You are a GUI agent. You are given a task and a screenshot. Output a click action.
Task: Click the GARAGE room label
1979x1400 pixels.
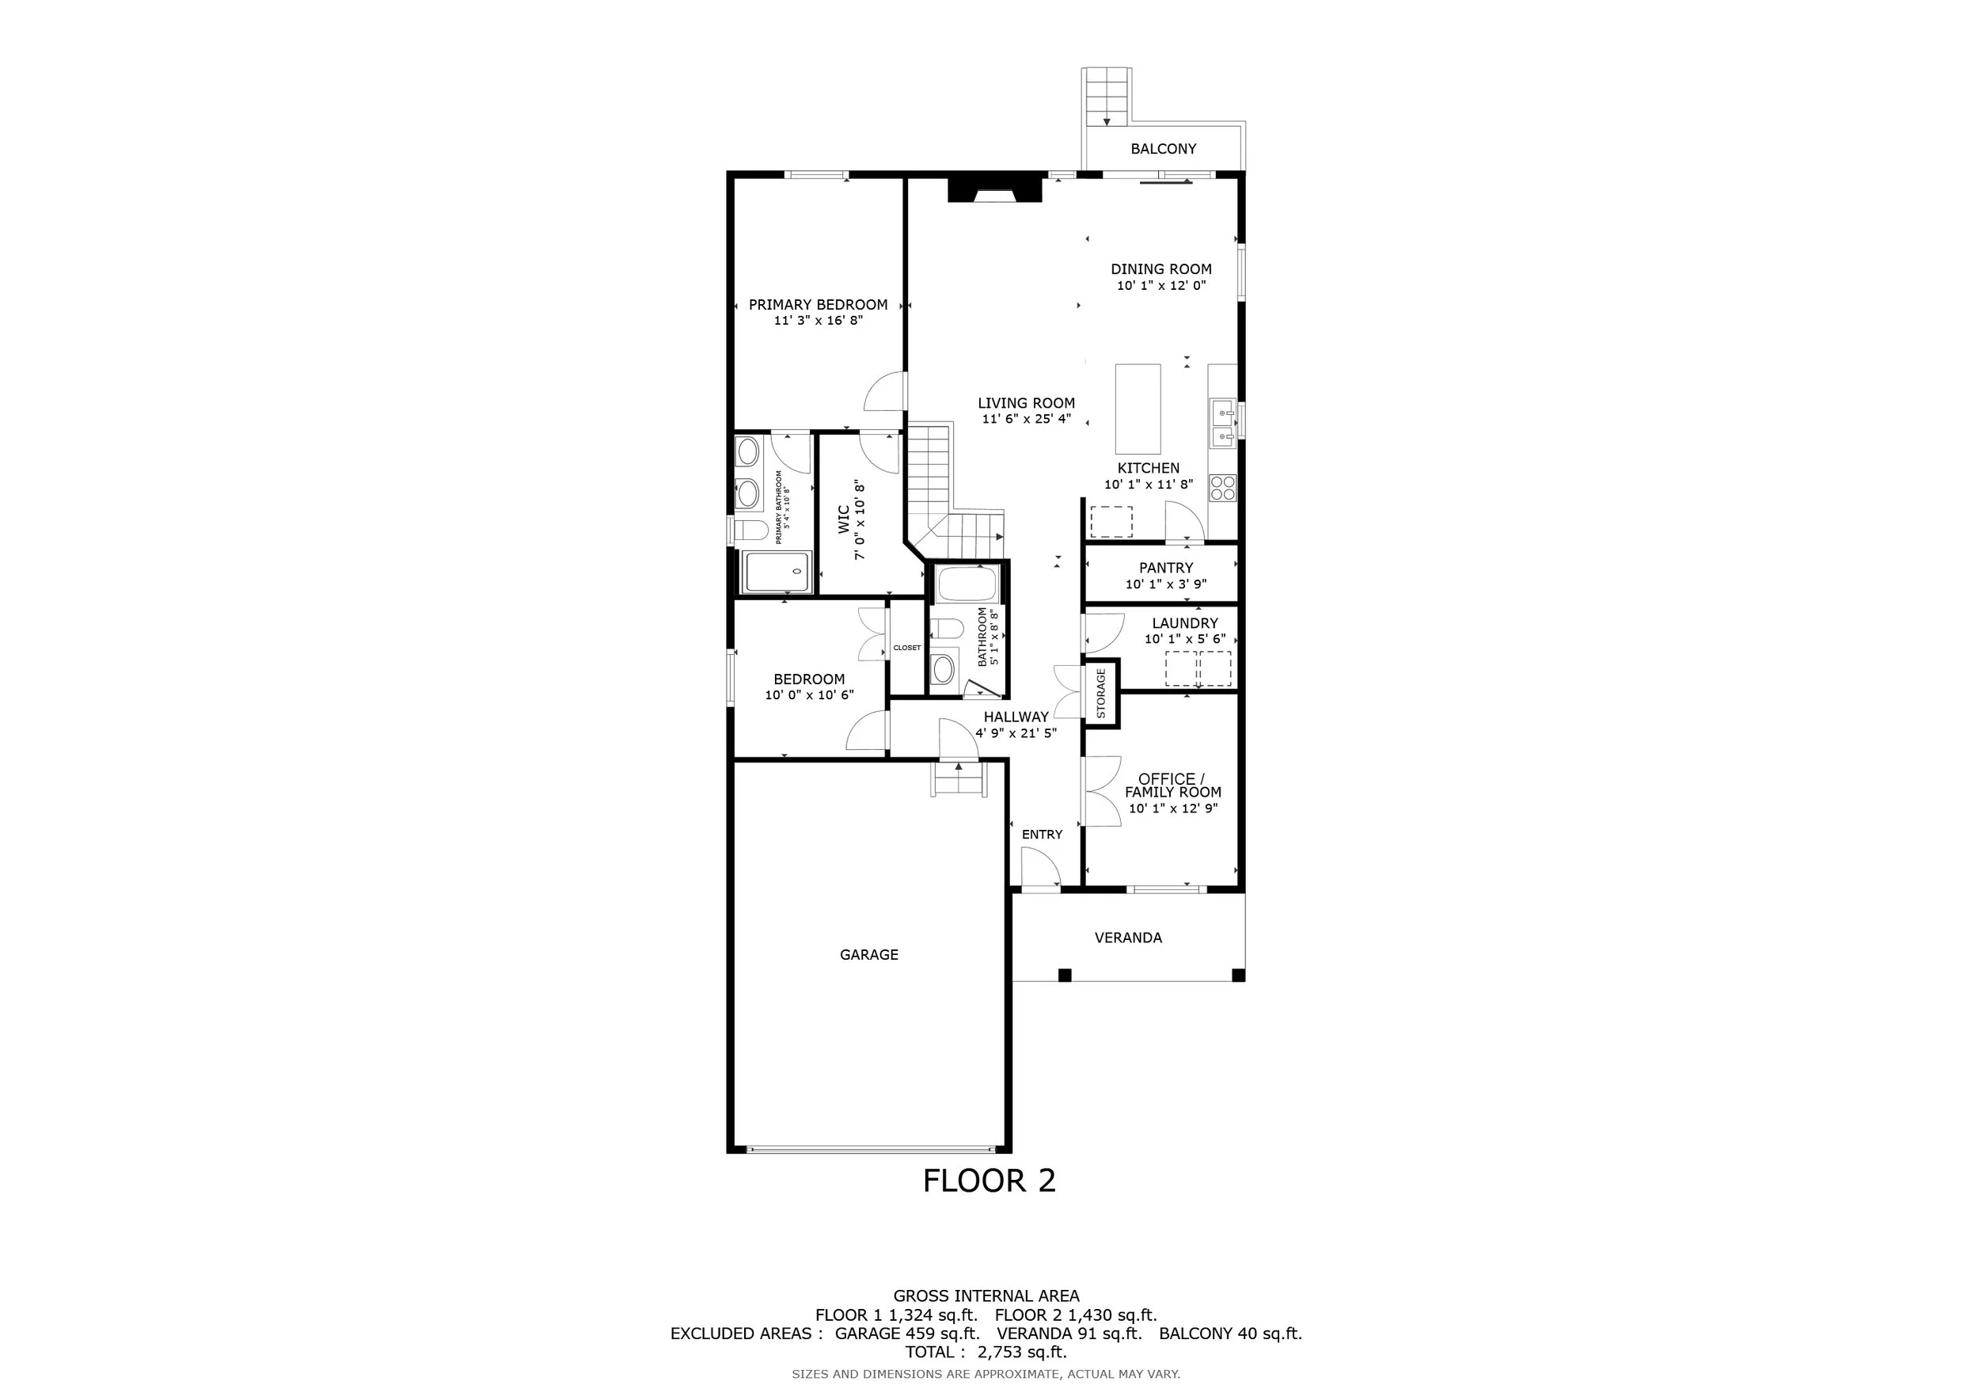tap(869, 954)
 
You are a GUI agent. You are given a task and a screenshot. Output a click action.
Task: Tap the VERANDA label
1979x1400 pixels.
tap(1128, 937)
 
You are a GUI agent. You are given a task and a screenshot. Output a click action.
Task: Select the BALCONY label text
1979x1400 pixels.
tap(1164, 148)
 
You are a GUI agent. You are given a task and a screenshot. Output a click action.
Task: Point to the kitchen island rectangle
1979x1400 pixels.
tap(1138, 409)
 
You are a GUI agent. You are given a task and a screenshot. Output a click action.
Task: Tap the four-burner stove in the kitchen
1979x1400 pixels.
tap(1222, 488)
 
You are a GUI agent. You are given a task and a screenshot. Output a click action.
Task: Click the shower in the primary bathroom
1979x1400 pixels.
tap(777, 572)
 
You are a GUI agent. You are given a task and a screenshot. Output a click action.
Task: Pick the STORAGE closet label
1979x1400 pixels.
tap(1100, 693)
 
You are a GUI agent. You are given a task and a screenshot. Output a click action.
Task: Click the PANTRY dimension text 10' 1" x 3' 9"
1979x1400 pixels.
tap(1166, 584)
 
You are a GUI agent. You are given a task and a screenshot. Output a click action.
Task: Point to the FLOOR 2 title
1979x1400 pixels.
tap(989, 1181)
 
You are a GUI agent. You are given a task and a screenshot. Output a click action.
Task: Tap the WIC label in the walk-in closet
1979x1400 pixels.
tap(844, 519)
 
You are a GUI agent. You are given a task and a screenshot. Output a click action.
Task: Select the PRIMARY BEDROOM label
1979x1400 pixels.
tap(818, 304)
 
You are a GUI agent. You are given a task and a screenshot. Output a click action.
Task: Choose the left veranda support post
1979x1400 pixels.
tap(1065, 975)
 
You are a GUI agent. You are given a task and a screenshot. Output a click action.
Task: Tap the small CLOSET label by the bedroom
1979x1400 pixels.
tap(906, 648)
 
